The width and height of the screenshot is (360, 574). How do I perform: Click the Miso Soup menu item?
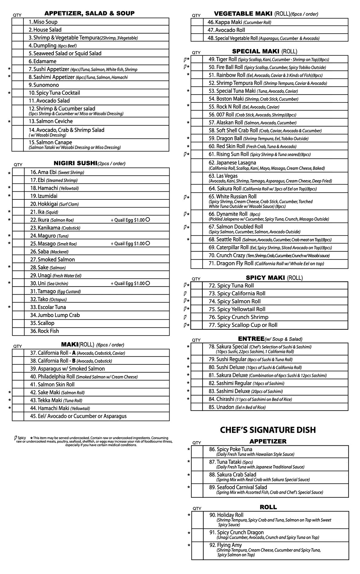click(43, 22)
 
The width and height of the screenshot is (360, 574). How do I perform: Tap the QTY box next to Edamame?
click(18, 61)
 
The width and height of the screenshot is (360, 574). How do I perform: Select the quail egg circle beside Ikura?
click(148, 220)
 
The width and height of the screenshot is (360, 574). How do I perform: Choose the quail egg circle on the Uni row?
click(148, 283)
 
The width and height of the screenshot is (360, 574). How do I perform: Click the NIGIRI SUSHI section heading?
click(75, 163)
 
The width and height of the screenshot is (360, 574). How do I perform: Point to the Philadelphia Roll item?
click(56, 377)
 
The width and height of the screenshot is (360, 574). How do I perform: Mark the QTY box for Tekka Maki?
click(18, 400)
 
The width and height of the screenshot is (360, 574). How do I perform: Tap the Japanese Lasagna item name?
click(232, 163)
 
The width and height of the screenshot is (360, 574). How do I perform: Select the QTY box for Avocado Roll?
click(197, 30)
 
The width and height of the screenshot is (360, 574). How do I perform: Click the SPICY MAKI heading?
click(266, 278)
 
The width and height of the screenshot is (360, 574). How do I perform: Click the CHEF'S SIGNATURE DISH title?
click(268, 430)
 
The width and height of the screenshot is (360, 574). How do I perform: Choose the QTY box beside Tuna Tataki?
click(197, 464)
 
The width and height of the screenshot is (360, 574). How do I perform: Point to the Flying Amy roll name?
click(229, 545)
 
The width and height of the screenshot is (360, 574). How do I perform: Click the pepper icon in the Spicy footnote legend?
click(15, 438)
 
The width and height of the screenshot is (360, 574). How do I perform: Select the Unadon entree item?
click(221, 407)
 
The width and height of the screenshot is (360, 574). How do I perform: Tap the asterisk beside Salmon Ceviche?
click(9, 122)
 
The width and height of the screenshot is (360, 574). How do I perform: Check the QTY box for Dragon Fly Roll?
click(197, 264)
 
